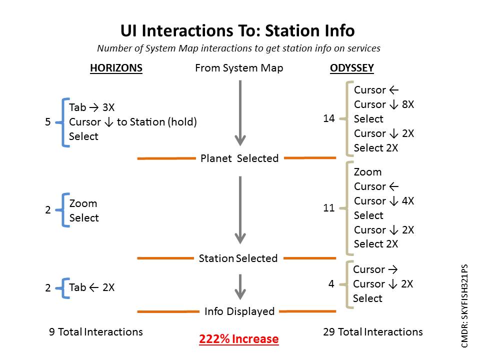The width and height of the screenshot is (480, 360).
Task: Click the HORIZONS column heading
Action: pos(116,68)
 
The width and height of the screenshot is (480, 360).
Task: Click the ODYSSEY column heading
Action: pos(351,68)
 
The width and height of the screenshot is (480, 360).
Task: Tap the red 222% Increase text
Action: pos(239,339)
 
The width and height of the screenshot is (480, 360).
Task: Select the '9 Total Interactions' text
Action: pos(96,332)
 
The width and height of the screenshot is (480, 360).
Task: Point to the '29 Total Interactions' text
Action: pos(373,332)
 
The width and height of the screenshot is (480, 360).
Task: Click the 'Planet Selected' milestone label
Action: pos(239,158)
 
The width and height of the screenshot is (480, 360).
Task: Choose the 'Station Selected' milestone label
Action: pos(238,258)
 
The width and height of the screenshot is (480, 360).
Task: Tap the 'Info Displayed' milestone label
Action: pos(239,311)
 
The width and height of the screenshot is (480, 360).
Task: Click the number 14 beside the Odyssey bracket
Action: pos(329,118)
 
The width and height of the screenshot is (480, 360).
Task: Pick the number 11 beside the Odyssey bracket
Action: pos(329,208)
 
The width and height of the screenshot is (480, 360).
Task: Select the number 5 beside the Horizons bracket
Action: pos(48,122)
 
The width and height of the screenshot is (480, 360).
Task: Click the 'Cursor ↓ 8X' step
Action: pos(384,104)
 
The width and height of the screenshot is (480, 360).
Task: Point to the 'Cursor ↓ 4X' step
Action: pos(384,201)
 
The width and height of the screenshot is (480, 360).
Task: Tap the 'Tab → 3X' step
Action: pos(92,107)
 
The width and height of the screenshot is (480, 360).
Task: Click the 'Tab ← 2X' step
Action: pos(92,287)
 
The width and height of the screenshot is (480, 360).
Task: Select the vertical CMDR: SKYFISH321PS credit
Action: pos(464,306)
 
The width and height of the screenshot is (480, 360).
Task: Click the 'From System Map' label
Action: pos(239,68)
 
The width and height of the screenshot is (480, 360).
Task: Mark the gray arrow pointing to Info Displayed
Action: pos(240,287)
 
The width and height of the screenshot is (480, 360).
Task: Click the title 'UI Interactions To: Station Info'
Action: pos(237,30)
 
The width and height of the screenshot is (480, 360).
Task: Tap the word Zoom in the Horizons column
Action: pos(83,203)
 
